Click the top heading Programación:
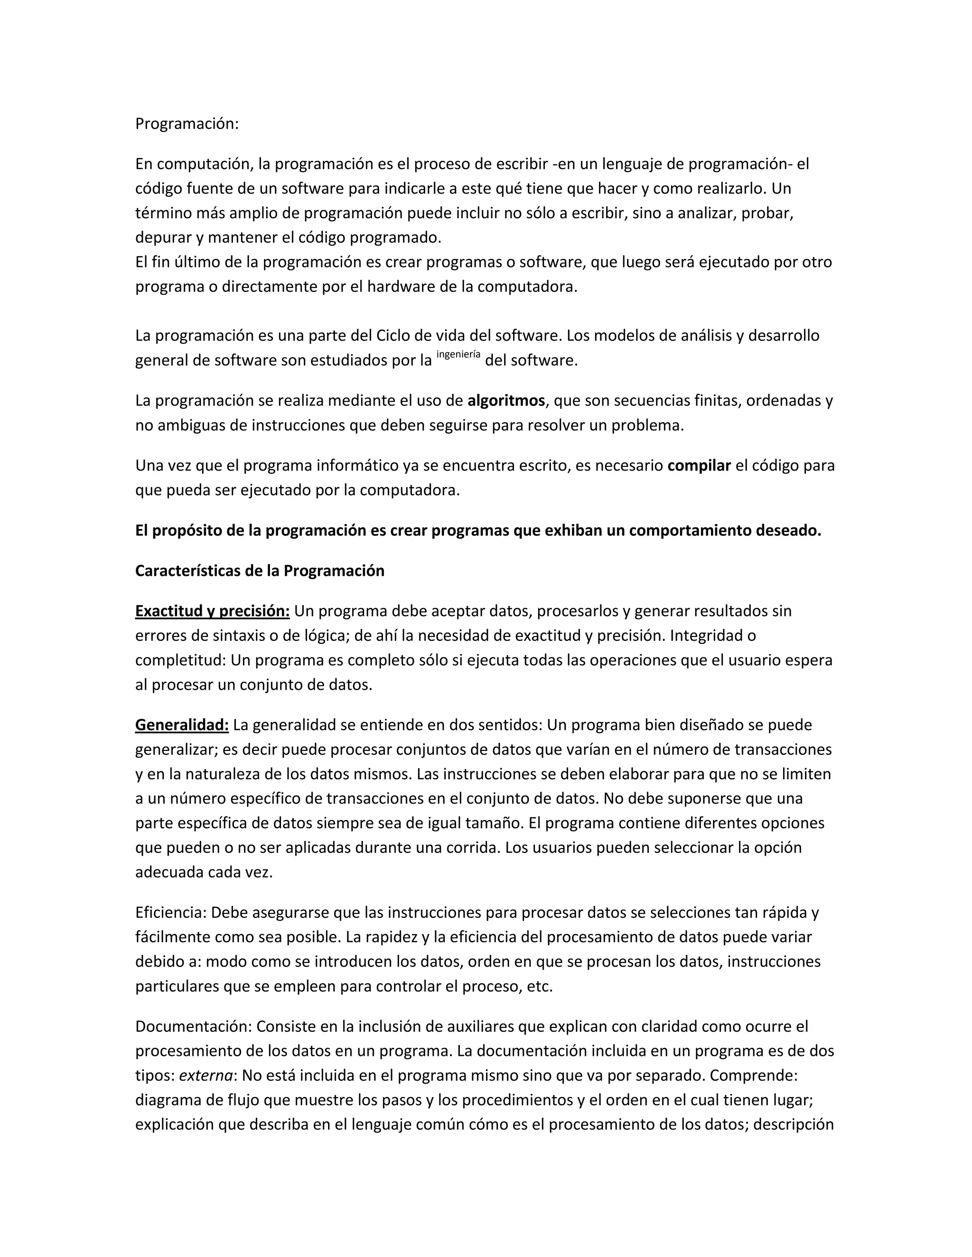pyautogui.click(x=187, y=124)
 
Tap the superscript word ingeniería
pyautogui.click(x=458, y=354)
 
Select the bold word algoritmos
pyautogui.click(x=505, y=401)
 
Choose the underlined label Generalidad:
pyautogui.click(x=182, y=725)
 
